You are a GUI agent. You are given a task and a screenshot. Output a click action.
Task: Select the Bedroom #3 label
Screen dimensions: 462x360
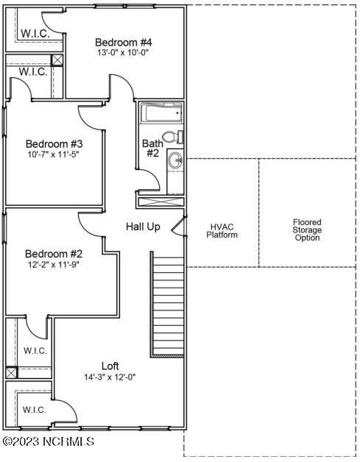[x=54, y=143]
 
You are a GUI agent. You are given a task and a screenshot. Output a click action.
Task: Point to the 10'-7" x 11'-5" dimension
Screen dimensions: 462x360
[x=54, y=155]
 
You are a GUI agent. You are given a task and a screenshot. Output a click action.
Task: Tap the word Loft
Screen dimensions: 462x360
[x=110, y=366]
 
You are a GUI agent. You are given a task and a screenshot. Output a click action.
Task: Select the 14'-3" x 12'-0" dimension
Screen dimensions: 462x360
[x=110, y=377]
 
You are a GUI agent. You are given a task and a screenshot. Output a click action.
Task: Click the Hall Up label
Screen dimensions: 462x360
[x=143, y=227]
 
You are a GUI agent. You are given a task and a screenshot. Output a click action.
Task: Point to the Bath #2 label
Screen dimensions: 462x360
[x=152, y=148]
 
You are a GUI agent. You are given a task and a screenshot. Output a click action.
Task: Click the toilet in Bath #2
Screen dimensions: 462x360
[x=171, y=136]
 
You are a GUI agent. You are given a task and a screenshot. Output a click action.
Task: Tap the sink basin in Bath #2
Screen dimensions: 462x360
[x=174, y=160]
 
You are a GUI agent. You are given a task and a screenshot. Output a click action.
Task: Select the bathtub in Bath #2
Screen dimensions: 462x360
[x=161, y=114]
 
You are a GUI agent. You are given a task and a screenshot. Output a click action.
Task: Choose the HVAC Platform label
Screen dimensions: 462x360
[x=222, y=230]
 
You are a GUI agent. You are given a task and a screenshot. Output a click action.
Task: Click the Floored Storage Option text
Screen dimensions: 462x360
[x=307, y=230]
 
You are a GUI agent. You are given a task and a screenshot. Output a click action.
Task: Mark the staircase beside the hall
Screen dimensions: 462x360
[x=166, y=303]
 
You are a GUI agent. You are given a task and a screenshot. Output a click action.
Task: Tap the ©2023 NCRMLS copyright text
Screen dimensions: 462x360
[x=49, y=441]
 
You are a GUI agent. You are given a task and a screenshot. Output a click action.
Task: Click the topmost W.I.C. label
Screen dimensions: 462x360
[x=35, y=34]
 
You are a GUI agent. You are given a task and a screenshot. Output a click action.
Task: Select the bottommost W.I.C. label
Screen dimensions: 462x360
[x=35, y=409]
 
